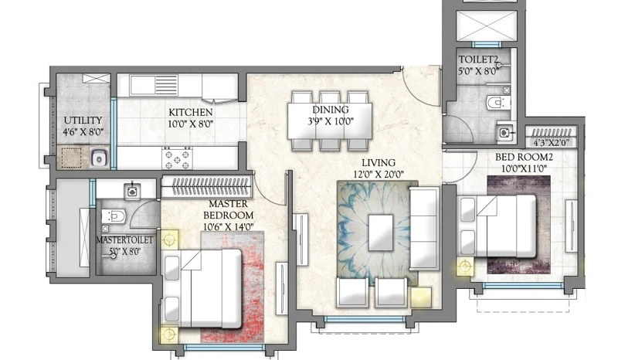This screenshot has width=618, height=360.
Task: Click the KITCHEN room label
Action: point(191,112)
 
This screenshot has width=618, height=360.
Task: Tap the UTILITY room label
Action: point(83,121)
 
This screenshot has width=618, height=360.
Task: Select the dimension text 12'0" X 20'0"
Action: point(379,175)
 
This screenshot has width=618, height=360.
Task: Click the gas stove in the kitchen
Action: point(178,158)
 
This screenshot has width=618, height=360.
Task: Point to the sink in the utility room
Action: point(100,158)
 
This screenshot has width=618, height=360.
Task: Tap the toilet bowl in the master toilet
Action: point(114,216)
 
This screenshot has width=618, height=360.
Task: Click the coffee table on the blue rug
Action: point(381,233)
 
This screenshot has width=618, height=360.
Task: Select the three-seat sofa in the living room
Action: point(424,229)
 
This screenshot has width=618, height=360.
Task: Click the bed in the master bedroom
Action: point(202,288)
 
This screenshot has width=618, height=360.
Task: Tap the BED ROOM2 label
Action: point(524,157)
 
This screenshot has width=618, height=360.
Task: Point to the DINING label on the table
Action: point(331,109)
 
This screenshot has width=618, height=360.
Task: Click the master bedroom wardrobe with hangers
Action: point(206,186)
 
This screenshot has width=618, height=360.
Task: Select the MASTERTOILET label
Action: point(124,239)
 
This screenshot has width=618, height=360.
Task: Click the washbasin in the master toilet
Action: point(132,192)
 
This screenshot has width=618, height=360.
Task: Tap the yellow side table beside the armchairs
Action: point(421,297)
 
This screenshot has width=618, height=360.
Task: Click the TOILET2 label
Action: point(478,59)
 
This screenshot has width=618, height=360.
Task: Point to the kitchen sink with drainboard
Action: point(154,85)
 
